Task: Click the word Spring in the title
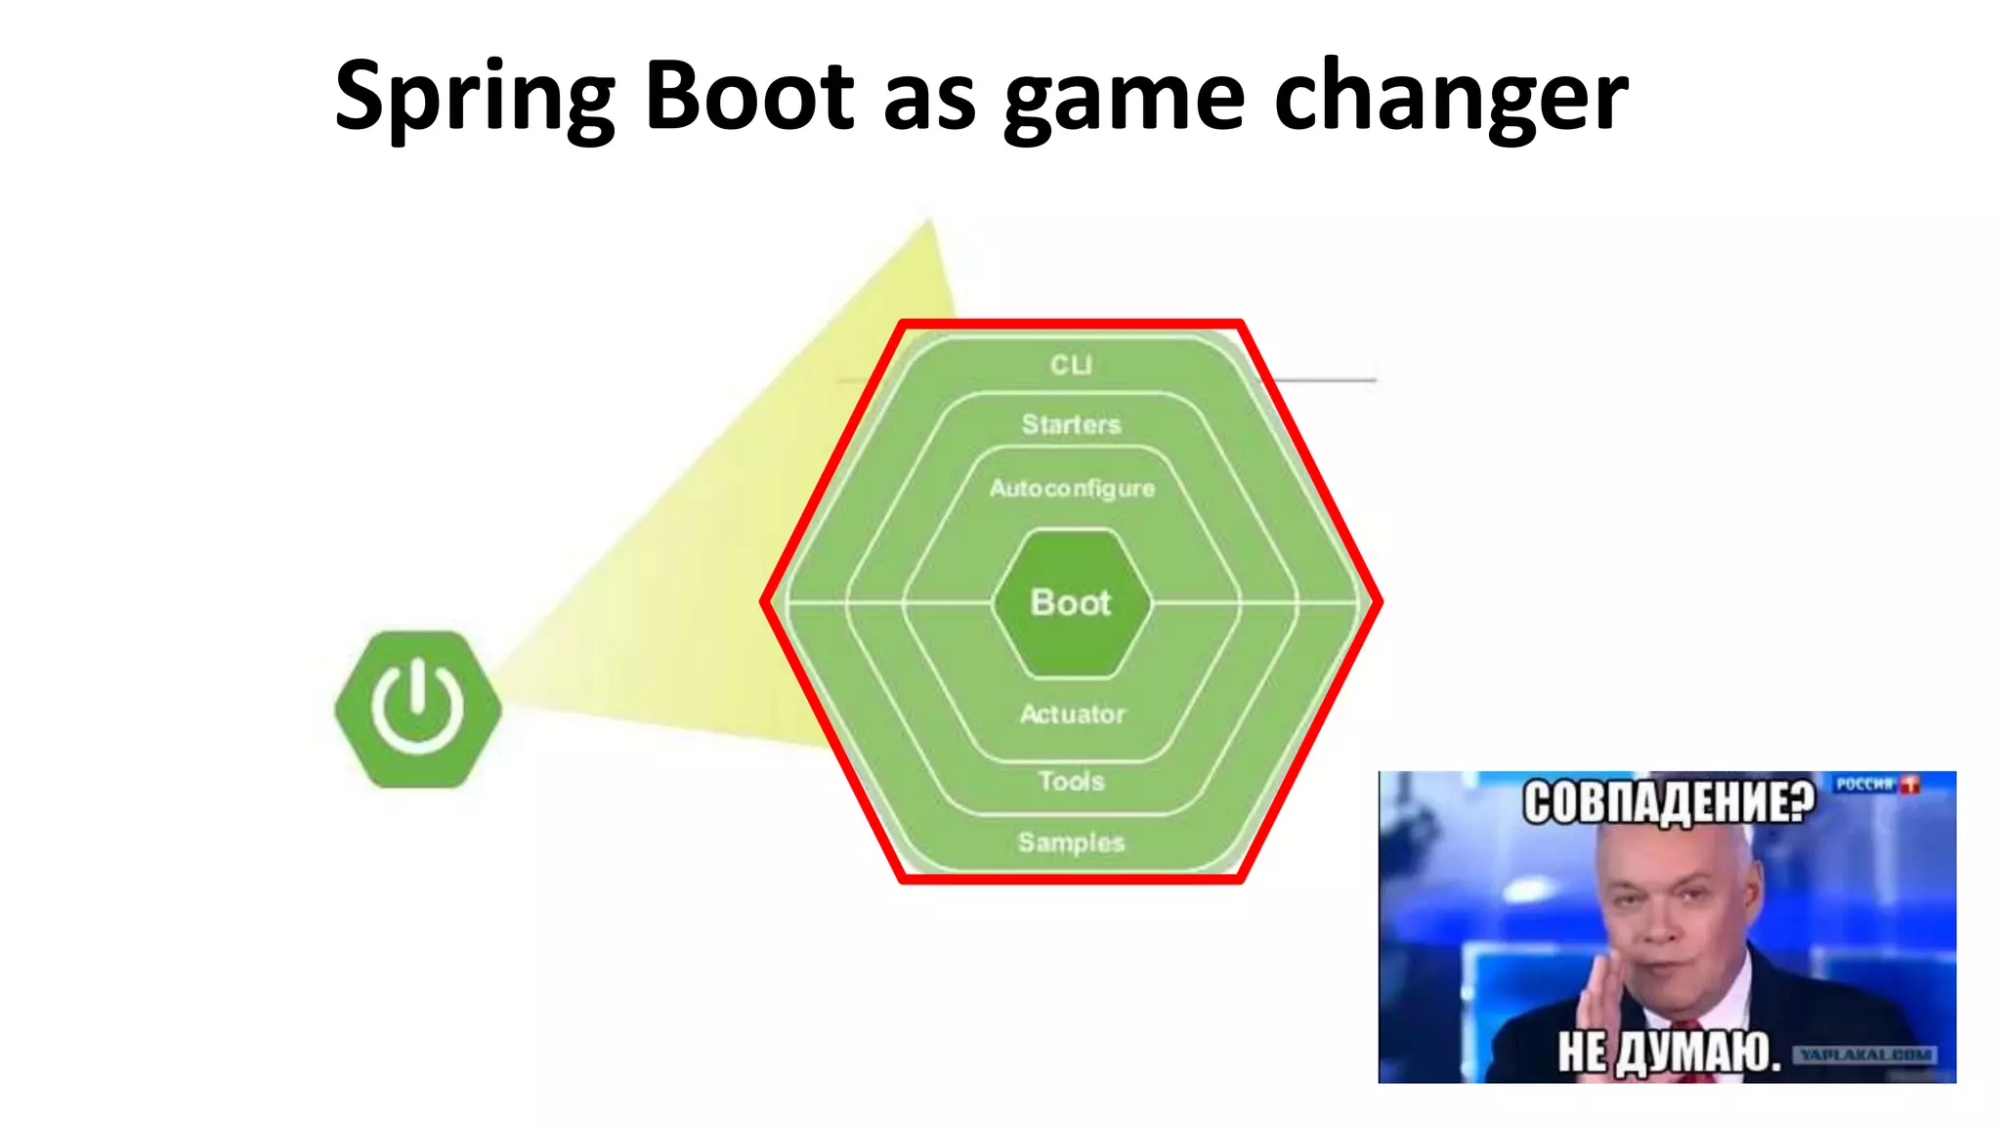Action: click(474, 98)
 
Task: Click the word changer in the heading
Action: click(1450, 98)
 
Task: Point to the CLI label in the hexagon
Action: click(1071, 365)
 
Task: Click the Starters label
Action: click(1071, 424)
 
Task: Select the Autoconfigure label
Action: click(1072, 488)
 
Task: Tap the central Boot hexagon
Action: click(1071, 602)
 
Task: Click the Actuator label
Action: click(1073, 715)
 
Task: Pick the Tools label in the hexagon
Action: click(1071, 781)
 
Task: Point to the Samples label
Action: click(1071, 842)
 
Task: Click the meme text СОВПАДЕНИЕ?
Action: click(1668, 803)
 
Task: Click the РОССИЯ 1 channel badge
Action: click(1875, 784)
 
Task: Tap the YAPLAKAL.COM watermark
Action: click(1864, 1055)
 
